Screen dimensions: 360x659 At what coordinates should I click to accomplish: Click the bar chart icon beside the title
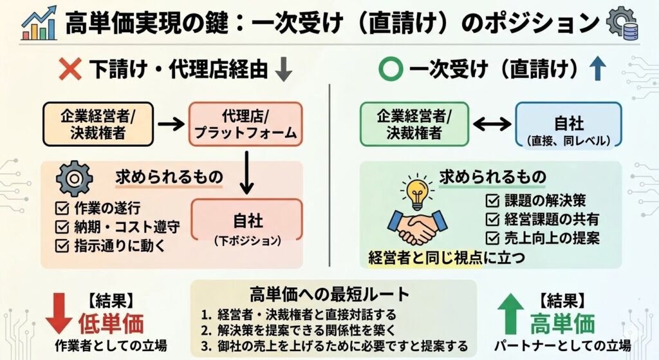(39, 23)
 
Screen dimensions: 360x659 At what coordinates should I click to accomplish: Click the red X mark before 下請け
(70, 70)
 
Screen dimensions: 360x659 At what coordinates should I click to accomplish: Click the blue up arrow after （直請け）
(597, 70)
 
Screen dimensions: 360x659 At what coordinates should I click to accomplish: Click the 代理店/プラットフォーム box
(245, 124)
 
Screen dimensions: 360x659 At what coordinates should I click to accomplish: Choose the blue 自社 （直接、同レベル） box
(568, 124)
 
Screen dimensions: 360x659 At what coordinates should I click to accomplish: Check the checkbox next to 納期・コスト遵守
(62, 227)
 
